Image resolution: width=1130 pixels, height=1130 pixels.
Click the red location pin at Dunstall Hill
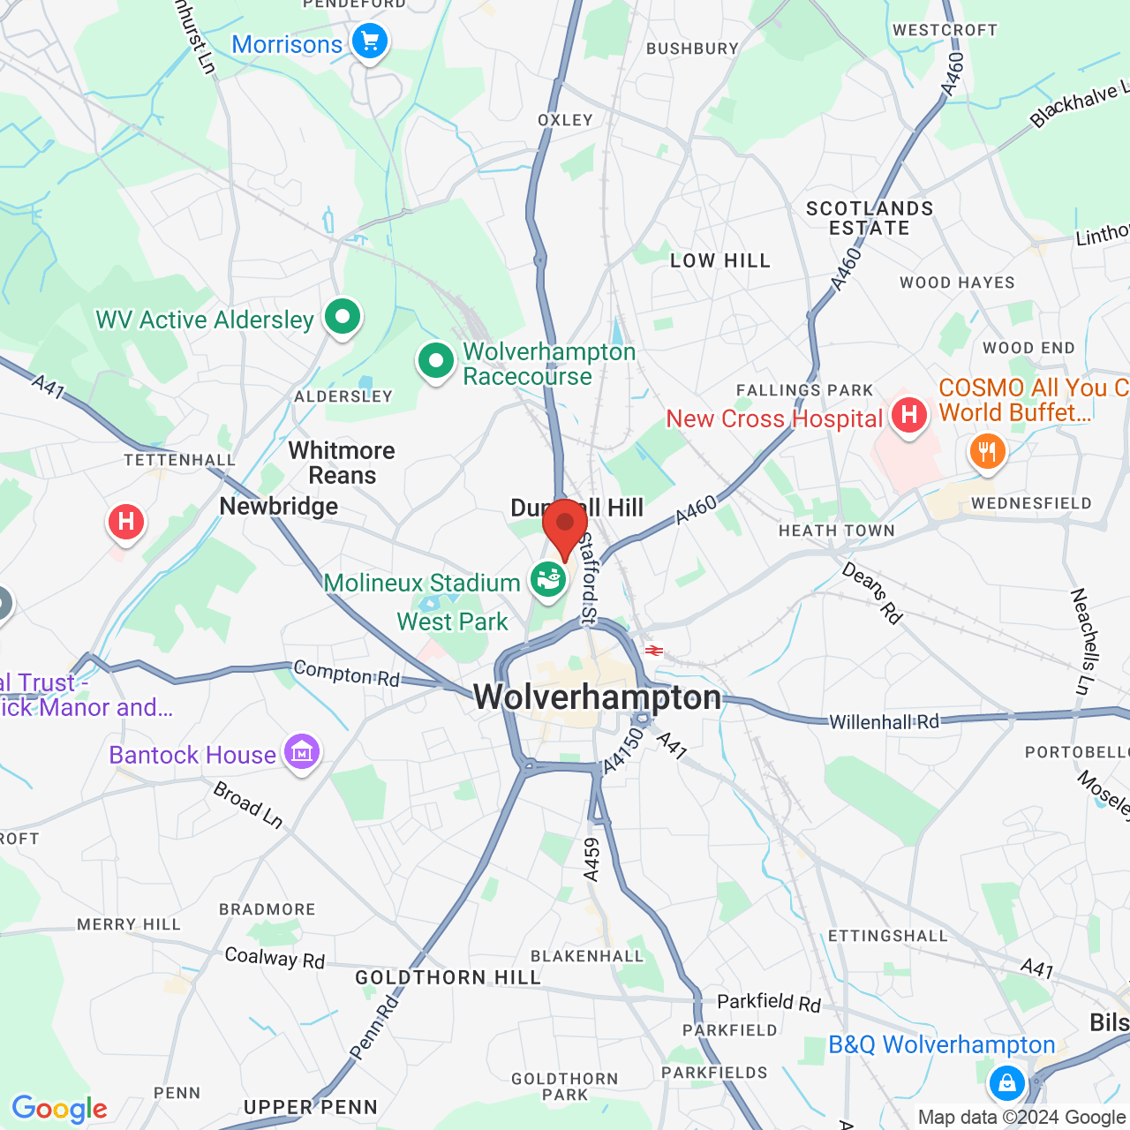pyautogui.click(x=565, y=526)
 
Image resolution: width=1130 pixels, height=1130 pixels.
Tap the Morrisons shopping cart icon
pyautogui.click(x=370, y=41)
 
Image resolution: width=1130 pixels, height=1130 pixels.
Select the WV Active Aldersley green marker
pyautogui.click(x=343, y=316)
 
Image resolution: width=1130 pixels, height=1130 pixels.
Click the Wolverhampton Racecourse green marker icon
pyautogui.click(x=435, y=361)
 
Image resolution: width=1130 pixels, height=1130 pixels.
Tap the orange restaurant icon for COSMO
pyautogui.click(x=987, y=452)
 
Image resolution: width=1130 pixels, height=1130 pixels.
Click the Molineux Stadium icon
pyautogui.click(x=547, y=581)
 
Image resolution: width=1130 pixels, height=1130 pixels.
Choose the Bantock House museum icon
pyautogui.click(x=302, y=753)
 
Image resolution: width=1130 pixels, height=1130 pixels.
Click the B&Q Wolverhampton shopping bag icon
pyautogui.click(x=1006, y=1081)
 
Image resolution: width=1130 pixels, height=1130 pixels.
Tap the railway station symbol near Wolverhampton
pyautogui.click(x=653, y=651)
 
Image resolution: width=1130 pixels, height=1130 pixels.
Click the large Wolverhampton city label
pyautogui.click(x=598, y=697)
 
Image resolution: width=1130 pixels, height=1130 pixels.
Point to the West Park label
pyautogui.click(x=452, y=621)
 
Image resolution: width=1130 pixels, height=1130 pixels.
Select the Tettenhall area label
pyautogui.click(x=179, y=460)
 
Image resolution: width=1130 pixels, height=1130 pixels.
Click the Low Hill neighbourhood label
pyautogui.click(x=720, y=260)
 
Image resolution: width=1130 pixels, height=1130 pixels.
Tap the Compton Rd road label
pyautogui.click(x=346, y=674)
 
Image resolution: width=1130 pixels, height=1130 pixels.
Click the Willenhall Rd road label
pyautogui.click(x=884, y=721)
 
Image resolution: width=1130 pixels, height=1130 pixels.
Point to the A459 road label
pyautogui.click(x=591, y=858)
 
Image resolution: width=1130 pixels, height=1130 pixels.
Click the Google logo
pyautogui.click(x=60, y=1109)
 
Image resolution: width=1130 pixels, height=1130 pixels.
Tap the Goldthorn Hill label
pyautogui.click(x=448, y=977)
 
